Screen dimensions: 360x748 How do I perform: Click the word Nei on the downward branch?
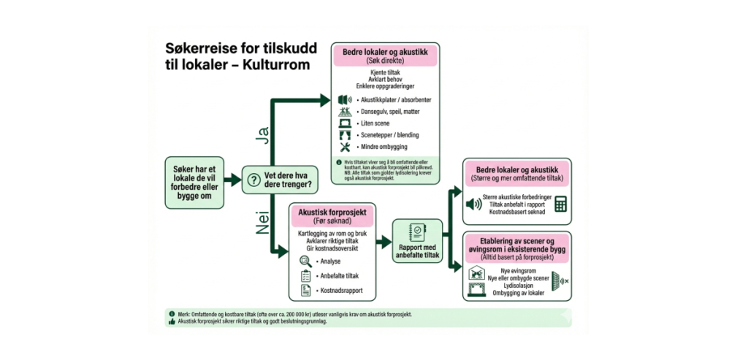pyautogui.click(x=261, y=221)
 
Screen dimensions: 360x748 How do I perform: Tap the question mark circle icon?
pyautogui.click(x=253, y=179)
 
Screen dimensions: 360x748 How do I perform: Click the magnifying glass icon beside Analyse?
pyautogui.click(x=306, y=261)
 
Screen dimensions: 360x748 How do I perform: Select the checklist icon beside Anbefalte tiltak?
pyautogui.click(x=306, y=276)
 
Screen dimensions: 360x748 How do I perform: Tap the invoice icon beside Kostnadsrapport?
pyautogui.click(x=306, y=291)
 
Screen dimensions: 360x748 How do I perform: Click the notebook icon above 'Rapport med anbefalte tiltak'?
pyautogui.click(x=418, y=231)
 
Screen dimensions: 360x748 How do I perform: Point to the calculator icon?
pyautogui.click(x=561, y=204)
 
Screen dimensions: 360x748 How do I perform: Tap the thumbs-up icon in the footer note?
pyautogui.click(x=172, y=321)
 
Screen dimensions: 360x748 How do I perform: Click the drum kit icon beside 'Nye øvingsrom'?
pyautogui.click(x=476, y=274)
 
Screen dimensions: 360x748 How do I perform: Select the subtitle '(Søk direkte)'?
pyautogui.click(x=384, y=61)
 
